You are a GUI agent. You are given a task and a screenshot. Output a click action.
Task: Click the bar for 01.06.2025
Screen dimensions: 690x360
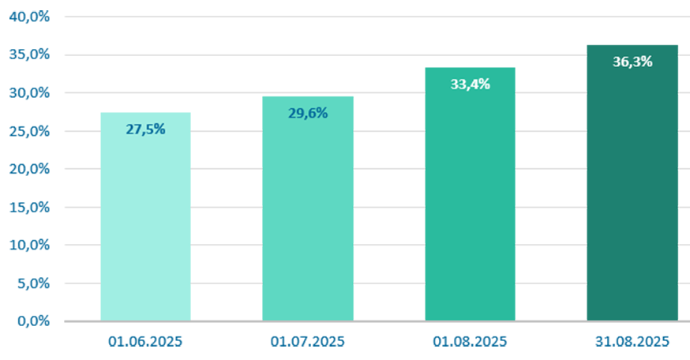(x=145, y=216)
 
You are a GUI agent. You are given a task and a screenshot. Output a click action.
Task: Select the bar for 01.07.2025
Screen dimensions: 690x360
(x=308, y=208)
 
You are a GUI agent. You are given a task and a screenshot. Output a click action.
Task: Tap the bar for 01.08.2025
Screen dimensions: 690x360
(x=470, y=194)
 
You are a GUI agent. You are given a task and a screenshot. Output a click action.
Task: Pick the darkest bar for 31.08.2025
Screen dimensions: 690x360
(x=632, y=182)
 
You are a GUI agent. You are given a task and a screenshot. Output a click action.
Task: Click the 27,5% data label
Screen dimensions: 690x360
(x=145, y=129)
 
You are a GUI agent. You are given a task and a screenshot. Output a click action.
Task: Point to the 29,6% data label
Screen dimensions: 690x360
(x=308, y=114)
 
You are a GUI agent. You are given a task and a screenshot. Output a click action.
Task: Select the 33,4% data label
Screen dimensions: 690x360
(x=470, y=84)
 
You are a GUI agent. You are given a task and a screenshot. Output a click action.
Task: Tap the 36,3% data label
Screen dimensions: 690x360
(x=632, y=62)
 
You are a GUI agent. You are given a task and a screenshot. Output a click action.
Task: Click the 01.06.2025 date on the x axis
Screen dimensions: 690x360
(x=145, y=342)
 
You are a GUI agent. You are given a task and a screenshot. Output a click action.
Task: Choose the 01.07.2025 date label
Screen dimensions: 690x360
(x=308, y=342)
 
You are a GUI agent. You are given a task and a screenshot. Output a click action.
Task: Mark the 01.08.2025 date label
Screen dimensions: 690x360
(x=470, y=342)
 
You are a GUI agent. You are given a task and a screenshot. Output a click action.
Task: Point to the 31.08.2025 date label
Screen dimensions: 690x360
(x=632, y=342)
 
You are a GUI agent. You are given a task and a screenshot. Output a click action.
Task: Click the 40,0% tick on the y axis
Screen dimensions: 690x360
(x=29, y=17)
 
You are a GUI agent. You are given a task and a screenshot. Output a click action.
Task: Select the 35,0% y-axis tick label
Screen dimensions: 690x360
(x=29, y=54)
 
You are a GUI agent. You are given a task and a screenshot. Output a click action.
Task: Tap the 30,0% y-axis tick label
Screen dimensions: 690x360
(x=29, y=93)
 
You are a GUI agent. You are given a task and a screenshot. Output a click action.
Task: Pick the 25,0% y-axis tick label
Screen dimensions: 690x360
(x=29, y=131)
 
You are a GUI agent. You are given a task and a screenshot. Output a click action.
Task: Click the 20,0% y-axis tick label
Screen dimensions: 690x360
(x=29, y=169)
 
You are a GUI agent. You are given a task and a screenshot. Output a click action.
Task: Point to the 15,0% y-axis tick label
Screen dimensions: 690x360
(x=29, y=208)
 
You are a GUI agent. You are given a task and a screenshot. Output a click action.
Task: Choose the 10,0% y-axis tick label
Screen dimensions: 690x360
(x=29, y=246)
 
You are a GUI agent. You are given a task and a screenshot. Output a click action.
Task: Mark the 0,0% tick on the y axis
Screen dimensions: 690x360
(x=33, y=321)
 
